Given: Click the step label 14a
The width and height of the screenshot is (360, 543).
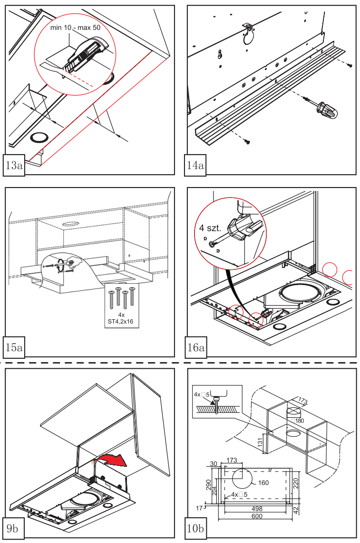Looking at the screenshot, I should pos(195,165).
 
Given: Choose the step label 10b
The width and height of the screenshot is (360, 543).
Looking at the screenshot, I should pos(196,529).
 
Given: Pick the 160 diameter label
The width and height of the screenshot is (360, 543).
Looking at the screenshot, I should pos(263,483).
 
